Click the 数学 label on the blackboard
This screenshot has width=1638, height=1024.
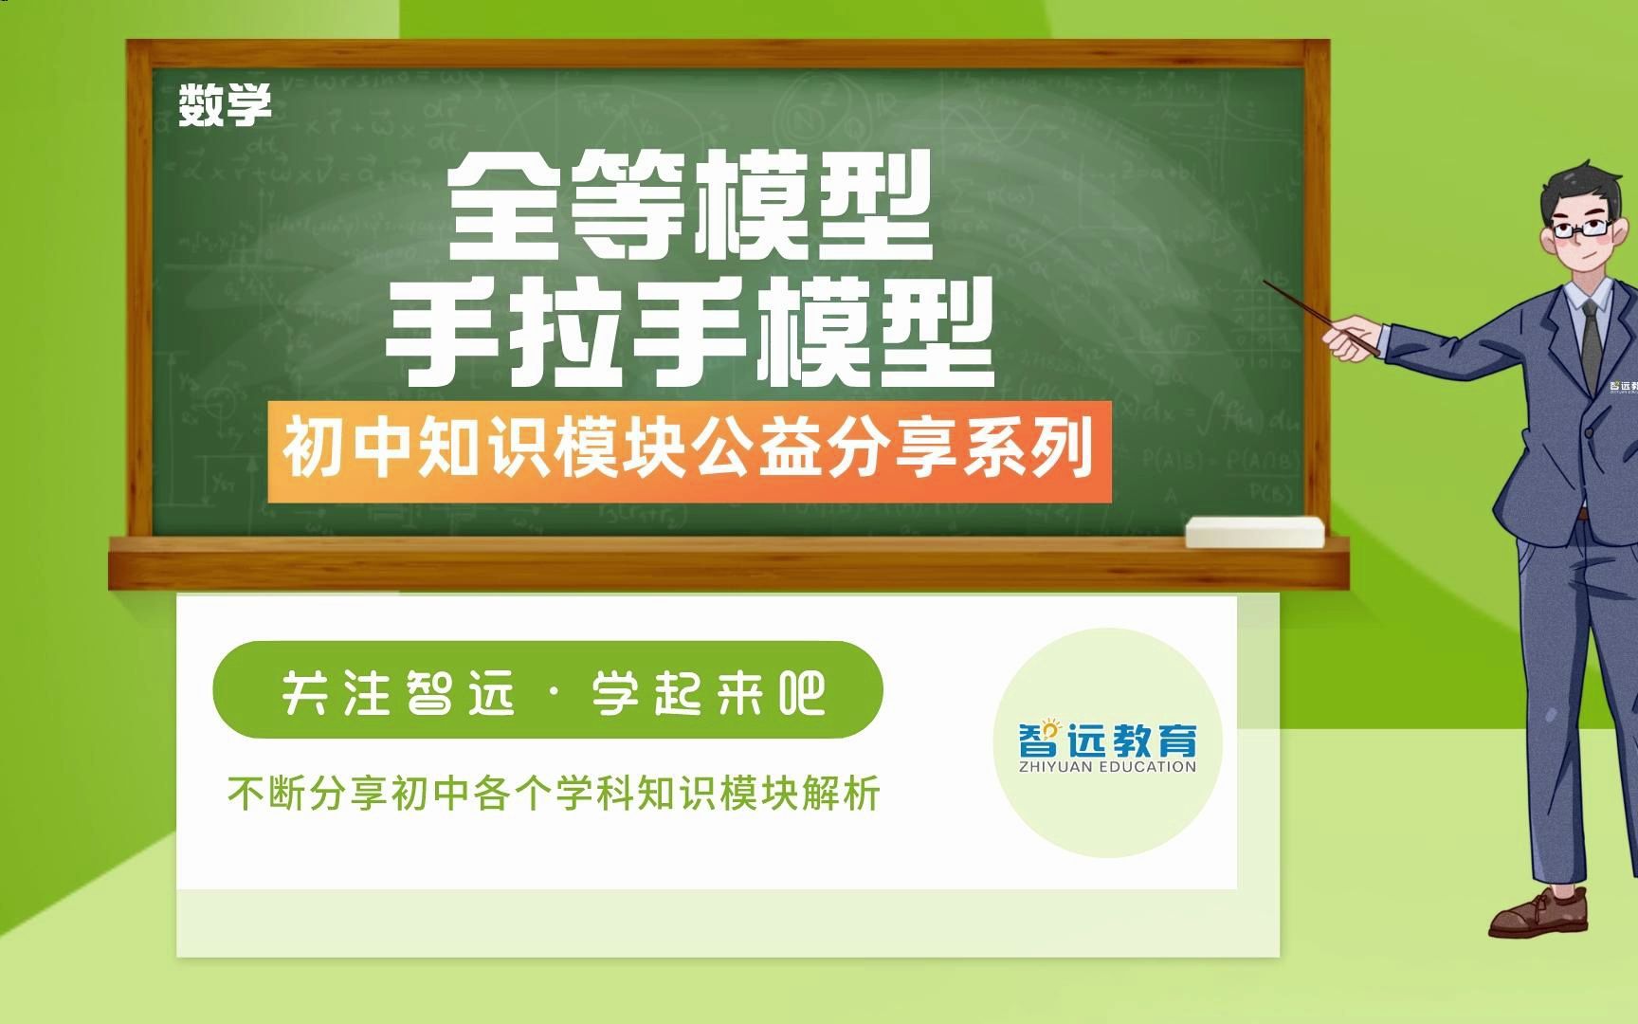(225, 104)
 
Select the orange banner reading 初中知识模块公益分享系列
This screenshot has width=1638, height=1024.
(689, 451)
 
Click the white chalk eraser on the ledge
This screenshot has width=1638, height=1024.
(1254, 532)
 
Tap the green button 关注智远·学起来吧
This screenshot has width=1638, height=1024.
(548, 690)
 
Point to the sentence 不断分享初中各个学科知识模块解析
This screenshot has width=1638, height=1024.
(554, 794)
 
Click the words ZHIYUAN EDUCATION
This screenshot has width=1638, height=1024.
(1107, 766)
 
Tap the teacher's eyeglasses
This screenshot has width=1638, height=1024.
(1580, 229)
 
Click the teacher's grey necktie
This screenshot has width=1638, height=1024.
(1592, 341)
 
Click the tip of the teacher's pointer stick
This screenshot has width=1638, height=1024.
(1267, 282)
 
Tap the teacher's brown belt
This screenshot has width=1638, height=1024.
(1581, 513)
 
